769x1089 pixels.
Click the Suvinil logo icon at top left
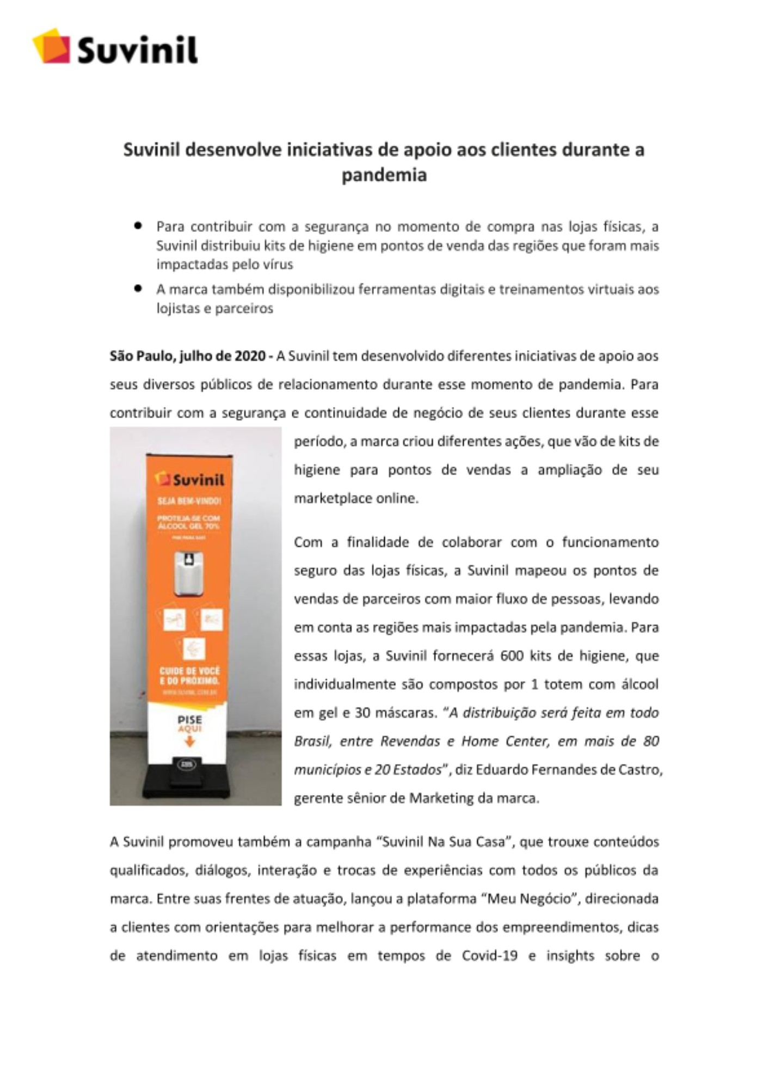point(52,46)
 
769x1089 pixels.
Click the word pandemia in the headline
point(384,175)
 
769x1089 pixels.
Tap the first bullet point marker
point(138,225)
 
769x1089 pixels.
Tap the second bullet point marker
point(138,288)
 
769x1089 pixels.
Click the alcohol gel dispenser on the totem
point(188,574)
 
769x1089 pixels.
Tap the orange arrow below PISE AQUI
point(189,741)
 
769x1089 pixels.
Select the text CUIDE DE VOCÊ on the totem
point(189,671)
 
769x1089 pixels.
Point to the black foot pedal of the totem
point(186,769)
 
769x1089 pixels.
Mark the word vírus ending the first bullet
point(278,265)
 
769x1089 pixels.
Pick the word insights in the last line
point(570,956)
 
